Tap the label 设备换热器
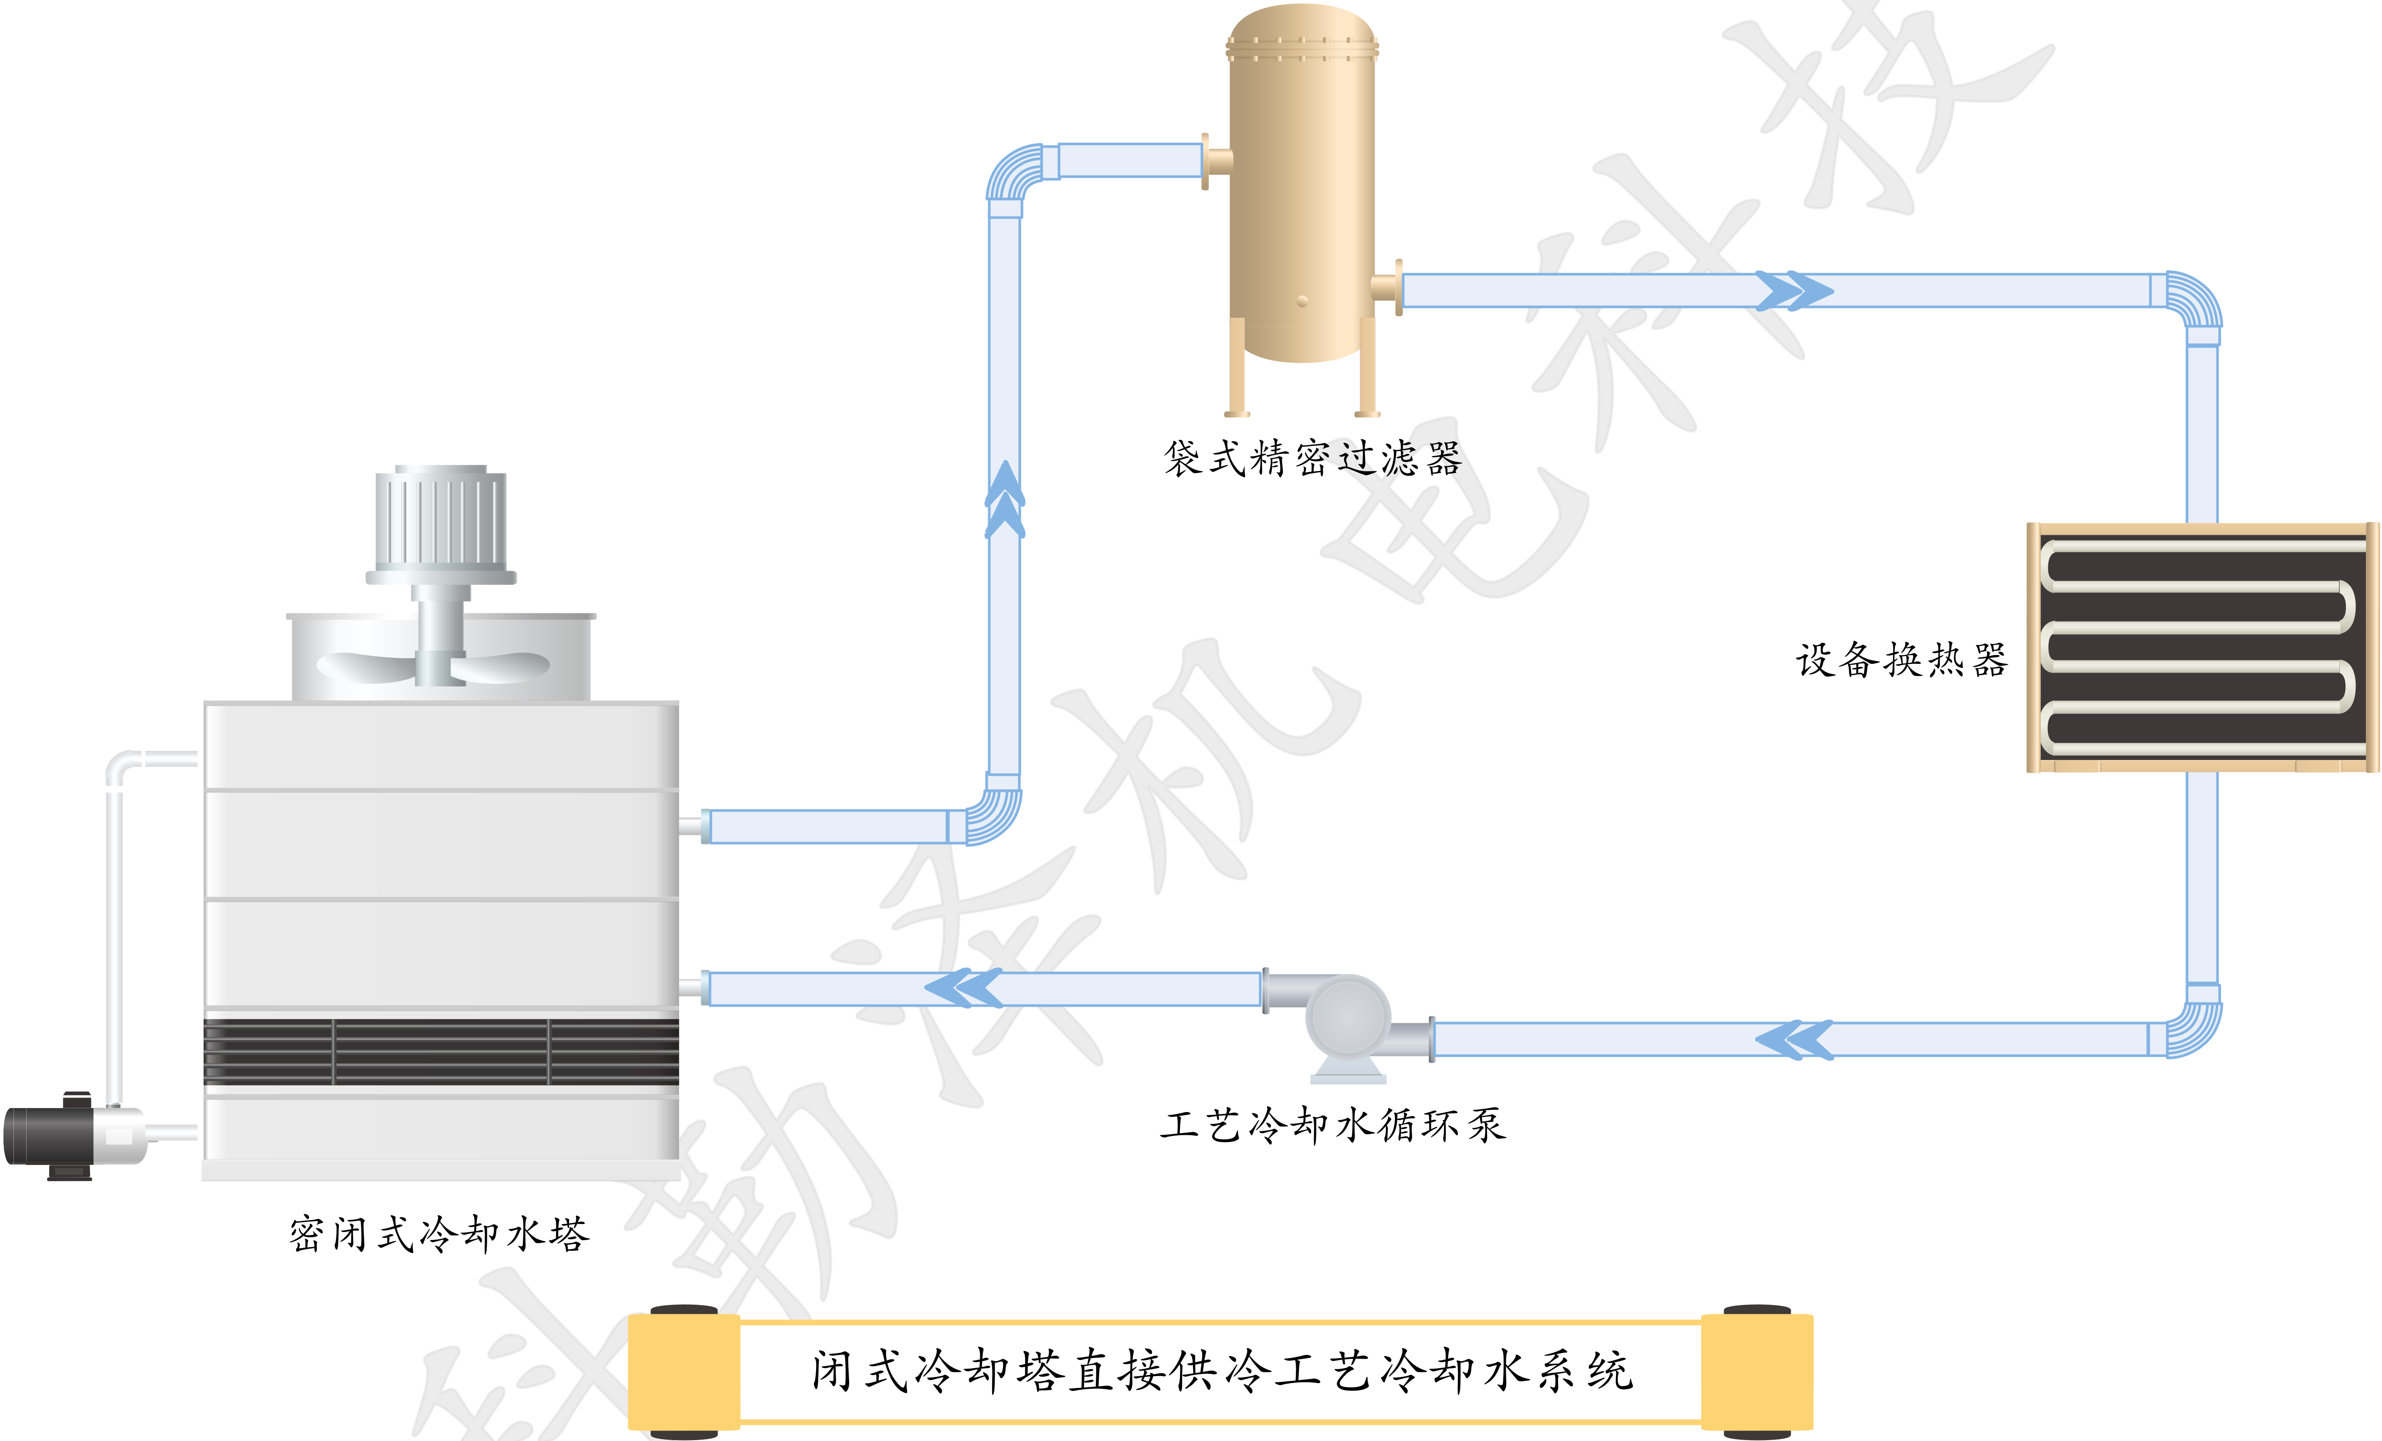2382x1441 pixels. pos(1901,660)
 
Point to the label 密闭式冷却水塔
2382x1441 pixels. pos(438,1234)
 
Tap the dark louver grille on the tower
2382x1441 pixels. pos(441,1052)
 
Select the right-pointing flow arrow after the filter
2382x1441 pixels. pos(1793,290)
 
